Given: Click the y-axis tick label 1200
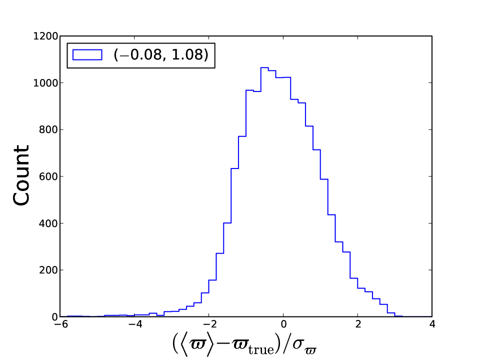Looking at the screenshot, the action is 45,36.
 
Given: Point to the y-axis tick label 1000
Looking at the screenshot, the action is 45,83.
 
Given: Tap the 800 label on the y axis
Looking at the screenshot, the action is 48,130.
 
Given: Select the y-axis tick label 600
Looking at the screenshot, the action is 48,176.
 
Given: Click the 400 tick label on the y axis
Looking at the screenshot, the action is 48,223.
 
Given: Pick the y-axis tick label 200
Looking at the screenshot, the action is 48,270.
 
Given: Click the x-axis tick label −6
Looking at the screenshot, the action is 60,324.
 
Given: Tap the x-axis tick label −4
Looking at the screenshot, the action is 135,324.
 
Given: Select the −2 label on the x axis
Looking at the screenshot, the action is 209,324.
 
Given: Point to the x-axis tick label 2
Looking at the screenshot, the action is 358,324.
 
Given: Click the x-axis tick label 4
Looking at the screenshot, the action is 432,324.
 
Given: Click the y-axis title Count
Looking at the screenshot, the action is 21,175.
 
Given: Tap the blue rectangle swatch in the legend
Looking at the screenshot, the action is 87,55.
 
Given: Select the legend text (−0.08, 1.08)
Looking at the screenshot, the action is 161,55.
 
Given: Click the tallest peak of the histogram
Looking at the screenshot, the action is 264,67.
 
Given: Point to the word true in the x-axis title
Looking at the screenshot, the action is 261,349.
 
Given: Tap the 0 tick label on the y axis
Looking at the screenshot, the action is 55,317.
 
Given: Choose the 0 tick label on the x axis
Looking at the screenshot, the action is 283,324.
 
